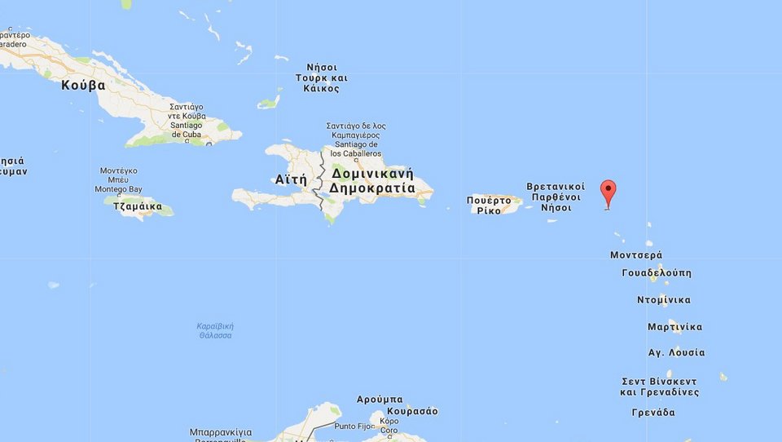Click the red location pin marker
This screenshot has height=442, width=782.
608,193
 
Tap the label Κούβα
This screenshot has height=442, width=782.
83,85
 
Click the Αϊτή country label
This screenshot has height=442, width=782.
291,179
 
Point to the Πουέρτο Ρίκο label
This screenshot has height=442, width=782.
494,205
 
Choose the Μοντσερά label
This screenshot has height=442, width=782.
636,255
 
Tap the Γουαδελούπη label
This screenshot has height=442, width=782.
656,273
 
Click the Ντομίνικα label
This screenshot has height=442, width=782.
663,300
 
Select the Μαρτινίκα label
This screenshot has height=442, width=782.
674,327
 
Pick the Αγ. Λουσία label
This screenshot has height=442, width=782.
676,353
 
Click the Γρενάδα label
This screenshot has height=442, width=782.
653,413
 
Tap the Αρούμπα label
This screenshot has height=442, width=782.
380,400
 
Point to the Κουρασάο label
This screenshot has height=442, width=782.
413,411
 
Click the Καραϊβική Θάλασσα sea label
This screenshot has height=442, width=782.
214,330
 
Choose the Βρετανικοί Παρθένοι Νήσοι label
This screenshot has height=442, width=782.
556,197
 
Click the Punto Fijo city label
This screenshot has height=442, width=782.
354,426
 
